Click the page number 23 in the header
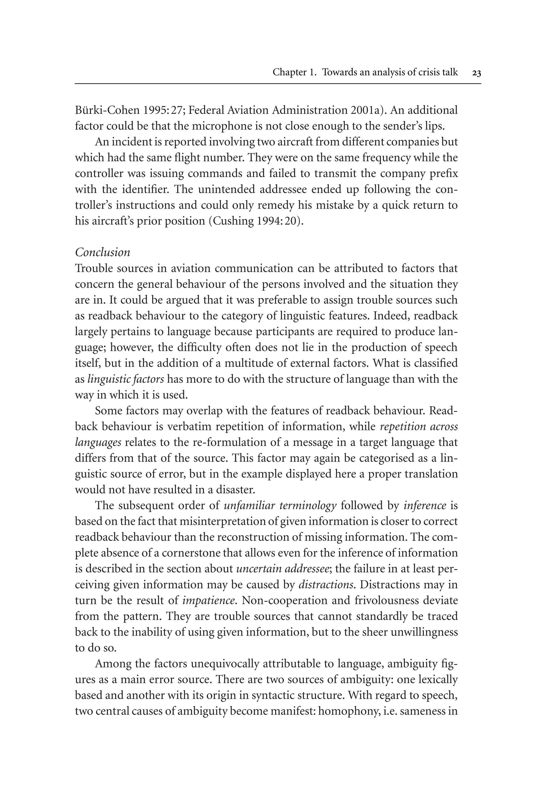[x=477, y=73]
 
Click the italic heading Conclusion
[x=102, y=253]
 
